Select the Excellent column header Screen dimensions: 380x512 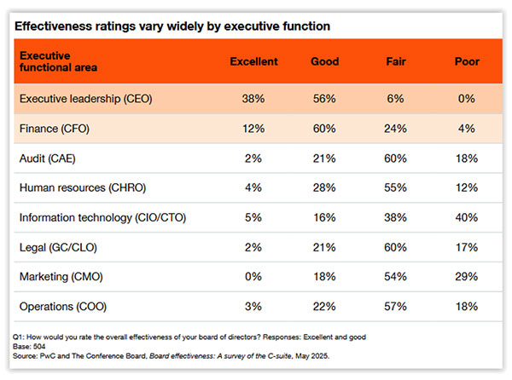pos(254,62)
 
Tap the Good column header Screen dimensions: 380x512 pos(325,62)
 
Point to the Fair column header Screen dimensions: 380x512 pos(397,62)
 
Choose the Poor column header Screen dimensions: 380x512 pos(467,62)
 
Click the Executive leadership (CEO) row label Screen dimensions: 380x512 pos(85,99)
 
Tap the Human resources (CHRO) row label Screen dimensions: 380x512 pos(79,187)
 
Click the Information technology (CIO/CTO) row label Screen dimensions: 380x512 pos(101,217)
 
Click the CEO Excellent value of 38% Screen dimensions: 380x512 pos(254,99)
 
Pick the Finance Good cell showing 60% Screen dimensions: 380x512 pos(325,129)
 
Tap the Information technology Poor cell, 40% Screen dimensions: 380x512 pos(467,217)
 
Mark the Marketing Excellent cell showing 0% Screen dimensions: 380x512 pos(254,276)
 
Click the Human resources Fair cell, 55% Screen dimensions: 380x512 pos(397,187)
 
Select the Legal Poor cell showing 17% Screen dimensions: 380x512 pos(467,247)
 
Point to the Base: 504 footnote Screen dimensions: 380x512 pos(32,346)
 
